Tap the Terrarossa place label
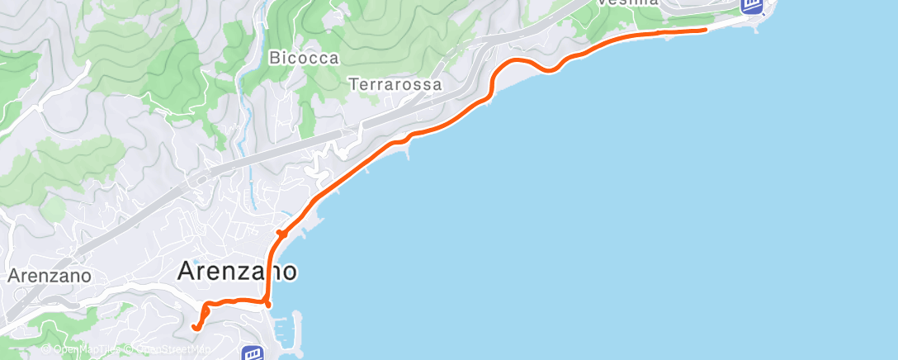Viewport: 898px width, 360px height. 395,84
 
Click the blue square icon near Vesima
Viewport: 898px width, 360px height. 750,7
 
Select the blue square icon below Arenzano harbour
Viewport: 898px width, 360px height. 252,353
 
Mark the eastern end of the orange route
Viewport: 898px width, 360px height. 705,30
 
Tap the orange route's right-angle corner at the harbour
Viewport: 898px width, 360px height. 268,304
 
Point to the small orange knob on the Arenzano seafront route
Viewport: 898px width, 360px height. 281,234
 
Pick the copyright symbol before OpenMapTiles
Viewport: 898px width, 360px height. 46,350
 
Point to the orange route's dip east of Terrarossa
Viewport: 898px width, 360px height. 548,70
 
